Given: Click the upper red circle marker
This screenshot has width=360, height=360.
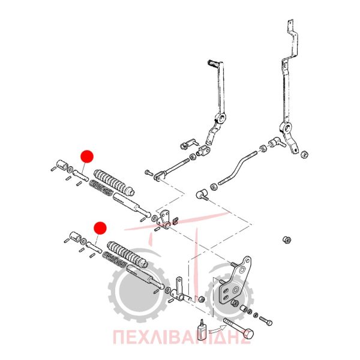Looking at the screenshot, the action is (x=87, y=157).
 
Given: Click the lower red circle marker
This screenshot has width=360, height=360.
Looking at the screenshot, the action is (x=100, y=228).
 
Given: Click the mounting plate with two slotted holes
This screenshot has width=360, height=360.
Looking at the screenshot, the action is (x=234, y=284).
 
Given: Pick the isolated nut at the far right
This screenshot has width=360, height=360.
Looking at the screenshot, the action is (x=287, y=240).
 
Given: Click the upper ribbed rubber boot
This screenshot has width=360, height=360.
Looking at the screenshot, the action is (x=114, y=182).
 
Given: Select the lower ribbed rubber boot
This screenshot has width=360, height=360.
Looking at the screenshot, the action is (x=127, y=254).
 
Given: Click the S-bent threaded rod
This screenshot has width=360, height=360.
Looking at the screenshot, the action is (x=238, y=166).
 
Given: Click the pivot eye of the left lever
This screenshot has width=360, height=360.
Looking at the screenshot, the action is (x=221, y=118).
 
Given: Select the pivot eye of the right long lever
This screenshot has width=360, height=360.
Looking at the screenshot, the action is (x=286, y=127).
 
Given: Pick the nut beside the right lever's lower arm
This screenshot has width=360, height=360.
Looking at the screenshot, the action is (x=304, y=154).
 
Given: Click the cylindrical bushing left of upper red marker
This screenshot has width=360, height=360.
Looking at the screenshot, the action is (x=62, y=164).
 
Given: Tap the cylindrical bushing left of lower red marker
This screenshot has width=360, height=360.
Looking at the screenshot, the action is (x=76, y=236).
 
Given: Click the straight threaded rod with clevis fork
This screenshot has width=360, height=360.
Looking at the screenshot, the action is (x=172, y=169).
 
